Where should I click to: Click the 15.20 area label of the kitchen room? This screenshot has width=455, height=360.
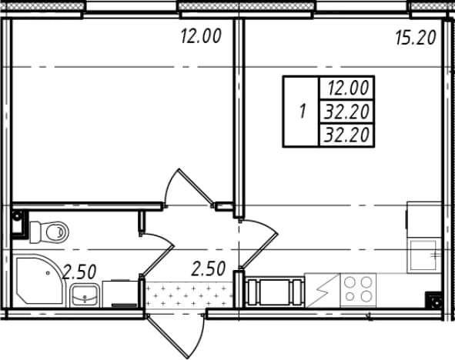point(416,38)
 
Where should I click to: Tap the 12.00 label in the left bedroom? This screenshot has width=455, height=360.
point(201,36)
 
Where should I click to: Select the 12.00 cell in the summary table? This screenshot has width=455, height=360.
point(348,88)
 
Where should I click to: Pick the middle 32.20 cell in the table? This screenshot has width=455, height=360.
point(347,112)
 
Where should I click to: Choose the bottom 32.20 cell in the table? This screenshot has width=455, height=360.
point(347,135)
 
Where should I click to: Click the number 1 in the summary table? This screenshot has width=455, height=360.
point(303,112)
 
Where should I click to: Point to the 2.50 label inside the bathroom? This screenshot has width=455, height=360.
point(79,272)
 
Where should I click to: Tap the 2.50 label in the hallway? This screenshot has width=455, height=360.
point(209,268)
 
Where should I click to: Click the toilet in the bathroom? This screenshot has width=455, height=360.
point(49,232)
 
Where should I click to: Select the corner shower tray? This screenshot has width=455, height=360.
point(39,279)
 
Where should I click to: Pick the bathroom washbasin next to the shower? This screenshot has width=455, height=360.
point(85,295)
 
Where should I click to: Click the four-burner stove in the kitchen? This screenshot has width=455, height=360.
point(358,289)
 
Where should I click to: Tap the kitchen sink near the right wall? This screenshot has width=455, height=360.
point(423,255)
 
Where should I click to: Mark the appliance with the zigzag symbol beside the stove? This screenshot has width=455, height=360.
point(323,290)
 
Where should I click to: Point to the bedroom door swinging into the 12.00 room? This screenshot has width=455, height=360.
point(196,186)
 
